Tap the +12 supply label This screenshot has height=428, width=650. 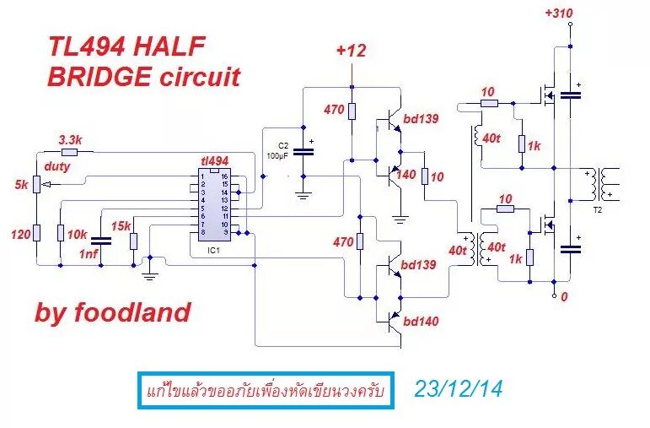point(351,51)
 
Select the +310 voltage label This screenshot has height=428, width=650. point(559,14)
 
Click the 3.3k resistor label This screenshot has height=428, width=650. point(70,139)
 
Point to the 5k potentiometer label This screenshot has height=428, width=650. point(21,184)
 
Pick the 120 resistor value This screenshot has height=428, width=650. point(19,233)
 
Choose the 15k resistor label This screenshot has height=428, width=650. point(121,225)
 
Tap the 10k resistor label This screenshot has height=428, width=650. point(78,233)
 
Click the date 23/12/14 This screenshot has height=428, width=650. point(458,389)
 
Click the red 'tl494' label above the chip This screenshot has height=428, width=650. point(214,160)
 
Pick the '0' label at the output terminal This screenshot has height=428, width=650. point(565,297)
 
